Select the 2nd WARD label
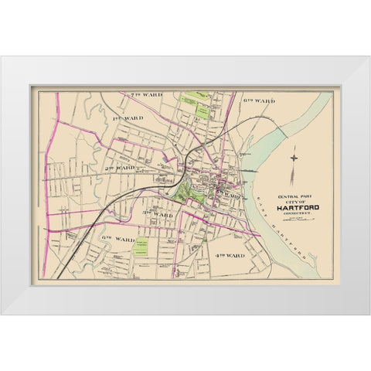coord(121,167)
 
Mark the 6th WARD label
coord(259,101)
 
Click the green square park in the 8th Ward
coord(141,248)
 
